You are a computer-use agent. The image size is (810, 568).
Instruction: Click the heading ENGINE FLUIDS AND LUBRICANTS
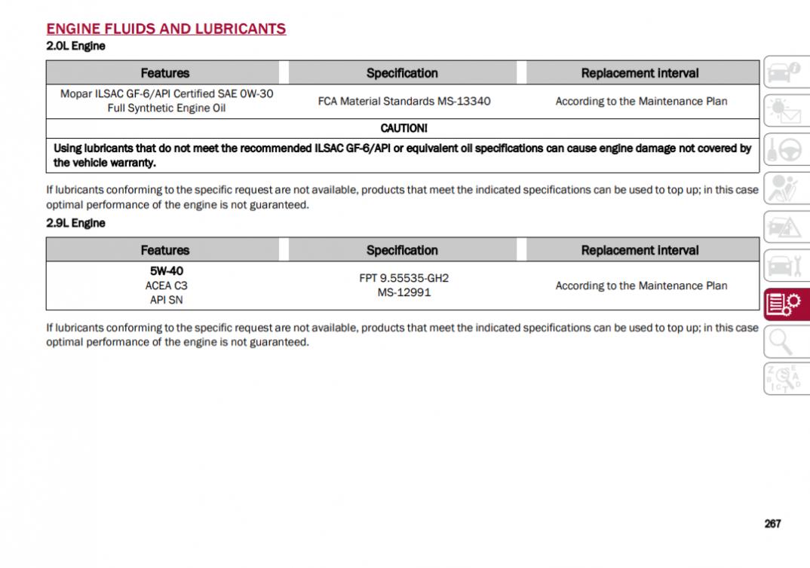tap(166, 29)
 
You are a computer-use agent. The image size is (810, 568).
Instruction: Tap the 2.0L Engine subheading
tap(75, 46)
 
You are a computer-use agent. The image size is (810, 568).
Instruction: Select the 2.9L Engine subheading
tap(75, 223)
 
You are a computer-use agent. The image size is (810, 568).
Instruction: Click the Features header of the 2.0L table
tap(164, 73)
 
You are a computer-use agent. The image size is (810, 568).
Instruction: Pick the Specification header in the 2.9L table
tap(402, 250)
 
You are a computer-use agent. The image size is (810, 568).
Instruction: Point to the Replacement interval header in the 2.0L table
tap(640, 73)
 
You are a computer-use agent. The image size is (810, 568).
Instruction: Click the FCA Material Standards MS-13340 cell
tap(404, 101)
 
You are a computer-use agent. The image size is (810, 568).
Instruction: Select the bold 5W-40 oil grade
tap(166, 271)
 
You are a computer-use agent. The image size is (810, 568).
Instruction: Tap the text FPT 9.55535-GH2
tap(404, 278)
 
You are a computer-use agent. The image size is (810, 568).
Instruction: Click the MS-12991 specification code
tap(404, 292)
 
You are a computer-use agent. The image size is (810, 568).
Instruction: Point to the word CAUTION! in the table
tap(403, 128)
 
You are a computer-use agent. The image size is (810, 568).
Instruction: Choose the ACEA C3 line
tap(166, 286)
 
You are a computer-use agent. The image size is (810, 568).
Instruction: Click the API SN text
tap(166, 300)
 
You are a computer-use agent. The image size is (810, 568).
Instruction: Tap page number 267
tap(772, 524)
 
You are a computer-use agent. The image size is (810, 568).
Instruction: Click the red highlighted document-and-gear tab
tap(784, 304)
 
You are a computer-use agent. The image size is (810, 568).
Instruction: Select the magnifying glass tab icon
tap(784, 343)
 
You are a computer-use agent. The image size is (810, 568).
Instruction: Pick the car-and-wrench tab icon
tap(784, 265)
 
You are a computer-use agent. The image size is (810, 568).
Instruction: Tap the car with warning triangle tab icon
tap(784, 227)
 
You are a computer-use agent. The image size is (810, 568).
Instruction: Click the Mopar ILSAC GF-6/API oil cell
tap(166, 101)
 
